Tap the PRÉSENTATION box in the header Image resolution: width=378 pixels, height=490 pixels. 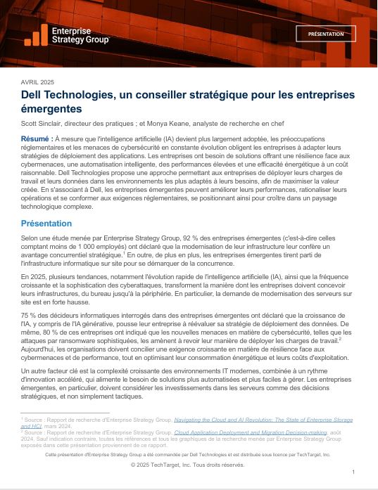[326, 34]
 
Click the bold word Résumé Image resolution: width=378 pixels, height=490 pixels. [35, 139]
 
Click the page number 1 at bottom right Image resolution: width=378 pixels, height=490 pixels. [353, 472]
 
